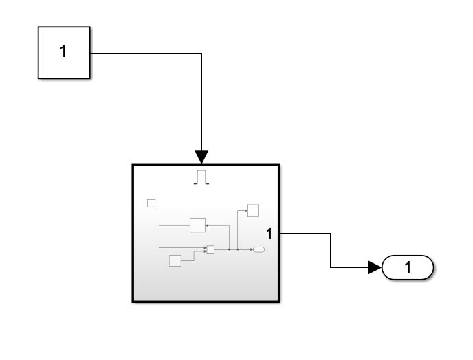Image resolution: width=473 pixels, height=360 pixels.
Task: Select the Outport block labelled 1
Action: [x=408, y=268]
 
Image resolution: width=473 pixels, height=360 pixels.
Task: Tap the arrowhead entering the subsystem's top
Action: [x=201, y=155]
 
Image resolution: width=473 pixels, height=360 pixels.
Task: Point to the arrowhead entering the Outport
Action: [x=375, y=268]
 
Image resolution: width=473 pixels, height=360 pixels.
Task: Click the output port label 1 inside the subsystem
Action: [x=270, y=234]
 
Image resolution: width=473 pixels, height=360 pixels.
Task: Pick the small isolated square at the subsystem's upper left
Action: [x=152, y=203]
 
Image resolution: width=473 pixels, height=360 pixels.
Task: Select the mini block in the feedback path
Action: [x=198, y=225]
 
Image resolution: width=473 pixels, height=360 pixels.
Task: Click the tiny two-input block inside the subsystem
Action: [x=210, y=249]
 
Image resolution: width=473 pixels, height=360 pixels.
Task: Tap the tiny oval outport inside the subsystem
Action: [x=258, y=249]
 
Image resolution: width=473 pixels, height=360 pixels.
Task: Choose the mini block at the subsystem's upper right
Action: [x=253, y=210]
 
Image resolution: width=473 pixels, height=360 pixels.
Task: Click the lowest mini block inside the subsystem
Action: [x=175, y=260]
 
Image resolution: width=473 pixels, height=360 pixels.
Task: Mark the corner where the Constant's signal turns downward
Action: [x=201, y=53]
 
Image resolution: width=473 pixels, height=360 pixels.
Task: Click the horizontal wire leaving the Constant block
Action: [x=144, y=53]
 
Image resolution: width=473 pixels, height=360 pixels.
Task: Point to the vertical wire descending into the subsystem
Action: [x=201, y=103]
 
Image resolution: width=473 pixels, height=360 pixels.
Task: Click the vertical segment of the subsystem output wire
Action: [x=331, y=251]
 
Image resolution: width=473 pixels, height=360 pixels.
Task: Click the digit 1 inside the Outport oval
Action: [x=408, y=268]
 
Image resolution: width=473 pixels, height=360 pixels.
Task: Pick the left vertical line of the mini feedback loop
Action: [x=159, y=237]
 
